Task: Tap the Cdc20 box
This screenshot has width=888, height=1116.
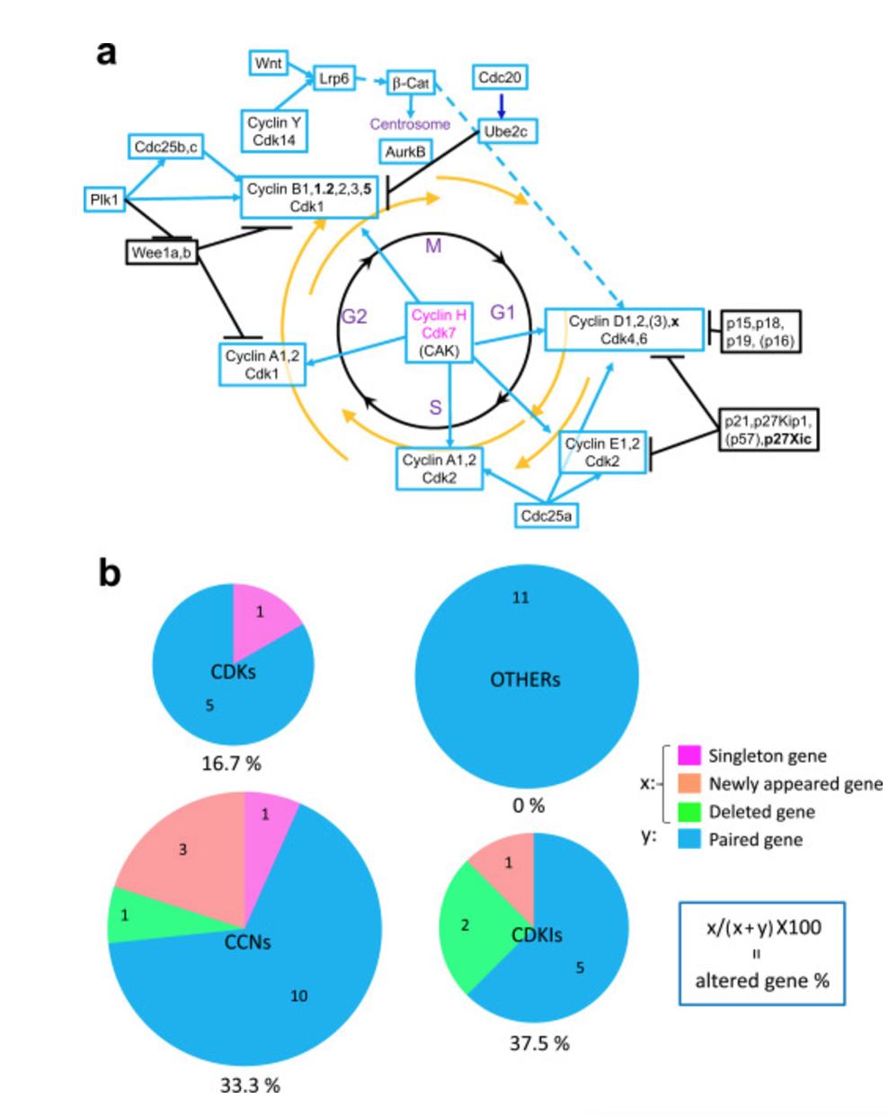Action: point(502,78)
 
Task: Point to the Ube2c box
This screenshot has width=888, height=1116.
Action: point(501,130)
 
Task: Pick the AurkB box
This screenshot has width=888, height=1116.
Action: point(407,152)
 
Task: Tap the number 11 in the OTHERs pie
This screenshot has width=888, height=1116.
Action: point(496,597)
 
